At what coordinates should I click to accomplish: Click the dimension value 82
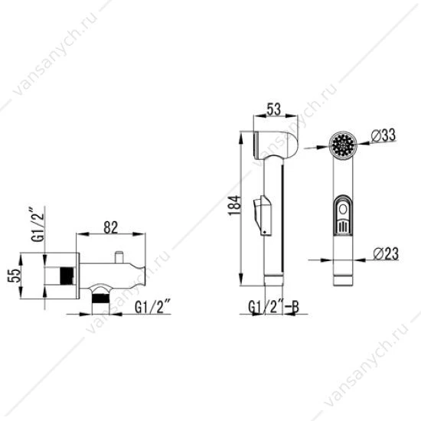[111, 227]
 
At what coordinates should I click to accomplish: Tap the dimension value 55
[15, 276]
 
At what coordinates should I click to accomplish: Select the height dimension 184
[234, 205]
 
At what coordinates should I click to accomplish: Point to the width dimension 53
[274, 109]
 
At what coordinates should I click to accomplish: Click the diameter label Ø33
[383, 135]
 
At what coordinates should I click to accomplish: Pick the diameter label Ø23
[386, 253]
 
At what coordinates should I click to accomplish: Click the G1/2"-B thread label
[273, 307]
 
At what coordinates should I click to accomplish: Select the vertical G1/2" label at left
[38, 224]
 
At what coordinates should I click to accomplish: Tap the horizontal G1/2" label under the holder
[153, 307]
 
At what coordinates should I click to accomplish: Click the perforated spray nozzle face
[343, 145]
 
